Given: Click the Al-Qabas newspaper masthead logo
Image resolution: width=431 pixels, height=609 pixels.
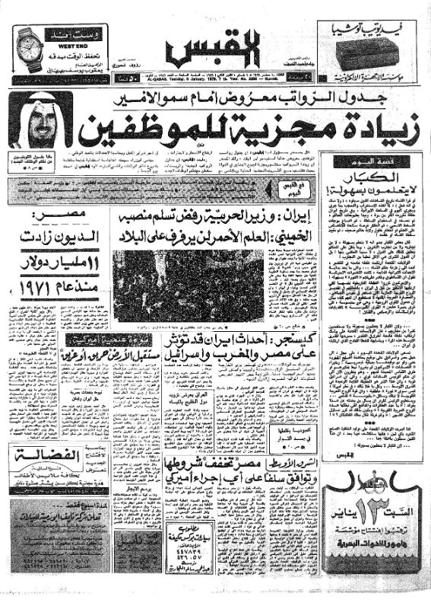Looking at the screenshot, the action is (x=214, y=52).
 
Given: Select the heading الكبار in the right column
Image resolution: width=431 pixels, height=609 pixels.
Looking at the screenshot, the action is (x=367, y=176).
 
